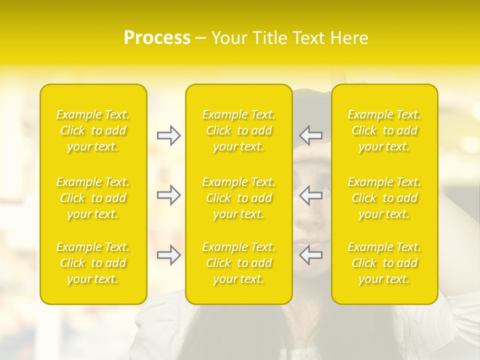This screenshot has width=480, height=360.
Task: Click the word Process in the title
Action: (x=157, y=38)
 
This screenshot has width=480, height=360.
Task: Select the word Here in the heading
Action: (x=348, y=38)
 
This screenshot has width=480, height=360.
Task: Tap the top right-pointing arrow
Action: (x=168, y=135)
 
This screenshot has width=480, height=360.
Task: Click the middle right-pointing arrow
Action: (x=168, y=195)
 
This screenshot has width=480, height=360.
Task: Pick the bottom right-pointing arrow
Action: (x=168, y=255)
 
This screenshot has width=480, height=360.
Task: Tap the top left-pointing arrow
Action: (x=311, y=135)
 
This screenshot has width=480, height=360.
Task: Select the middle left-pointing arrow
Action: (x=311, y=195)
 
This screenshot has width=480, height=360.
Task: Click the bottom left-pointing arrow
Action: (x=311, y=255)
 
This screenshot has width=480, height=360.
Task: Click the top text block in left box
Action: (x=93, y=130)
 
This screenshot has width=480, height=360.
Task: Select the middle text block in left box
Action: (x=93, y=198)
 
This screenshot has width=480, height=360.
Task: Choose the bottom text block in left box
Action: (x=93, y=263)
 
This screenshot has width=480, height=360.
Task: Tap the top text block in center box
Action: (x=238, y=130)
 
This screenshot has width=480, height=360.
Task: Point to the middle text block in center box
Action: (x=238, y=198)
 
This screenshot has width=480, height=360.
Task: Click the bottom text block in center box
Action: (x=238, y=263)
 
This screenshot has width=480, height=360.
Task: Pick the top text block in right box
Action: (x=384, y=130)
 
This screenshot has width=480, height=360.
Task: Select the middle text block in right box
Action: (x=384, y=198)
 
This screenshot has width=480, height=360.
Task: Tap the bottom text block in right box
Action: (x=384, y=263)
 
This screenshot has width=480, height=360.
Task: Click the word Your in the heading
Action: (x=228, y=38)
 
